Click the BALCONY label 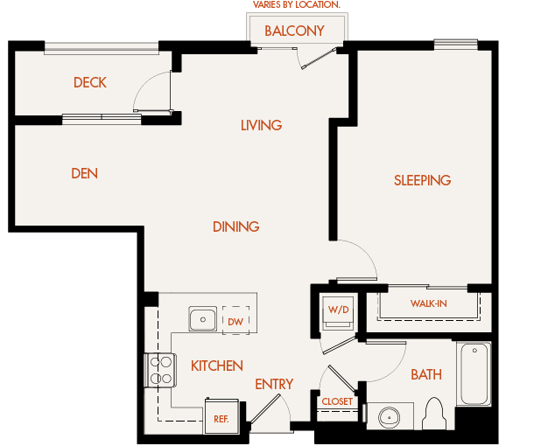[294, 31]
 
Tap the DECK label [89, 83]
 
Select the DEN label [84, 173]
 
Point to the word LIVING [261, 125]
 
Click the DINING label [235, 226]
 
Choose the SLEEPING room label [422, 180]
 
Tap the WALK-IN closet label [428, 304]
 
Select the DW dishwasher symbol [235, 321]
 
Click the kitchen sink [203, 320]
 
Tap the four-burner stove [160, 370]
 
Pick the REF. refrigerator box [221, 417]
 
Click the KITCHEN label [216, 366]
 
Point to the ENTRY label [274, 384]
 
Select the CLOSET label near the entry [337, 402]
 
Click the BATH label [426, 374]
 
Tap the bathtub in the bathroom [474, 373]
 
